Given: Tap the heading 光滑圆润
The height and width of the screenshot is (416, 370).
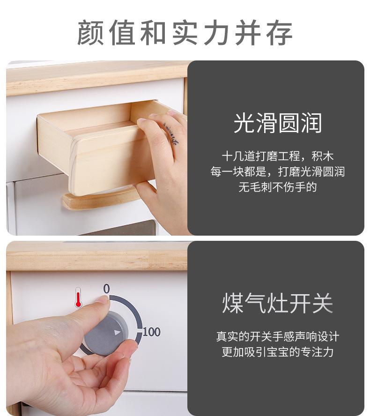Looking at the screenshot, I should pyautogui.click(x=277, y=123).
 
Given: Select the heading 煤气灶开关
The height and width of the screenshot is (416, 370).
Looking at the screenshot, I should pyautogui.click(x=277, y=303).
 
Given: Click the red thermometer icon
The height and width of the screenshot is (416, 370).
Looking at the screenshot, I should pyautogui.click(x=78, y=297).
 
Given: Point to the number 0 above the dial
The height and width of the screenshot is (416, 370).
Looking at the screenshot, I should pyautogui.click(x=106, y=289).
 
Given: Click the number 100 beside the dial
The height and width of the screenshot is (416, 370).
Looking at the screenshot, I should pyautogui.click(x=151, y=332).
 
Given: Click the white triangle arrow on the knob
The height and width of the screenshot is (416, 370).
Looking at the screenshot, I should pyautogui.click(x=118, y=333).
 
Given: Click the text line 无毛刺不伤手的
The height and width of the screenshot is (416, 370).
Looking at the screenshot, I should pyautogui.click(x=277, y=187).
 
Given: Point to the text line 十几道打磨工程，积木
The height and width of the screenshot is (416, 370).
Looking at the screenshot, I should pyautogui.click(x=277, y=156).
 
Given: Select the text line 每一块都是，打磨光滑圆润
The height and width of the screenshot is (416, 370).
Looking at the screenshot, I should pyautogui.click(x=277, y=172).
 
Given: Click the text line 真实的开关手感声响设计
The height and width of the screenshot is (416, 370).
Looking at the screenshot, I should pyautogui.click(x=277, y=336).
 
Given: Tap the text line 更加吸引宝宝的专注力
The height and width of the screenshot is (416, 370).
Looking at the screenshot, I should pyautogui.click(x=277, y=352).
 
